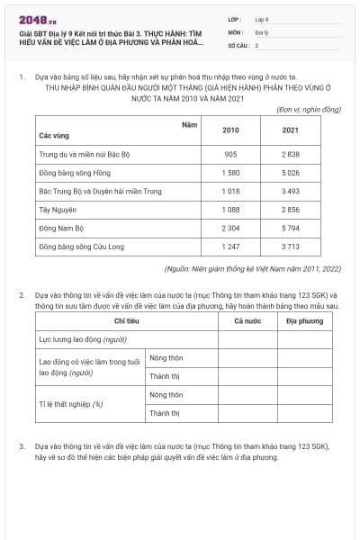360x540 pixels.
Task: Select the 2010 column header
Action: coord(230,130)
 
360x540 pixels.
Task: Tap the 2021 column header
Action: coord(290,130)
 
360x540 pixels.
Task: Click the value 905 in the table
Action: coord(230,154)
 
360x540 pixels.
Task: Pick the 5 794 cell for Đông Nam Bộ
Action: coord(290,229)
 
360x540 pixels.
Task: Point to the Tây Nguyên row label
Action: coord(56,210)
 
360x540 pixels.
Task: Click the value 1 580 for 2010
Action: coord(230,173)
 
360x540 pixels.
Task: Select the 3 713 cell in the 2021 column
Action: coord(290,247)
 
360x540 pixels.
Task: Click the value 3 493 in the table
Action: coord(290,192)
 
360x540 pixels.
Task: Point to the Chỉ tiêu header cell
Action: coord(126,320)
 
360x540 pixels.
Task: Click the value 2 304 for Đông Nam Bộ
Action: coord(230,229)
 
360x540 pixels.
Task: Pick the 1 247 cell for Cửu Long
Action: coord(230,247)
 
